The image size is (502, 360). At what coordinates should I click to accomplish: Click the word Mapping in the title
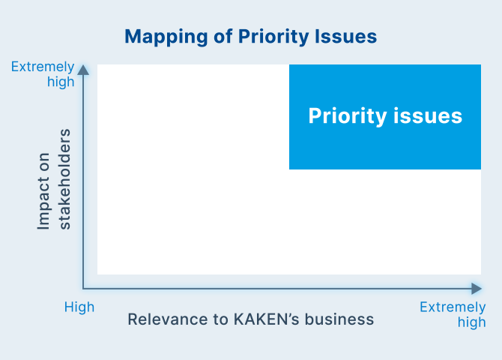[x=166, y=37]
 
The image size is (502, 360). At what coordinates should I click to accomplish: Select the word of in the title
[x=223, y=36]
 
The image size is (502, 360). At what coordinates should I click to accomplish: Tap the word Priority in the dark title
[x=273, y=37]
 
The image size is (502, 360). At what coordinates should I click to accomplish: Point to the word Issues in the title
[x=345, y=36]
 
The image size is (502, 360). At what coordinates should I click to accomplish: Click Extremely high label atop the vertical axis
[x=43, y=74]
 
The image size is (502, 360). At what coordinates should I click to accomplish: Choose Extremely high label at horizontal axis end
[x=453, y=314]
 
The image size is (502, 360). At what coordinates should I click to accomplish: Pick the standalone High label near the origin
[x=79, y=307]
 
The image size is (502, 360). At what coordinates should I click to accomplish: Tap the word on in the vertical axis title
[x=44, y=162]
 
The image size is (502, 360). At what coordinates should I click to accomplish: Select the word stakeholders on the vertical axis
[x=64, y=179]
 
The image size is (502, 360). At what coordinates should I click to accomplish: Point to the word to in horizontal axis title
[x=220, y=319]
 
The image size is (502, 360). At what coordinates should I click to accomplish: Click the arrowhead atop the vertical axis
[x=83, y=70]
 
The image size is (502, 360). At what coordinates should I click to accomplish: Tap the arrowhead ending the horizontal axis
[x=477, y=289]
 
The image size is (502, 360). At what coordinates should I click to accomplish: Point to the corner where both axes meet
[x=83, y=289]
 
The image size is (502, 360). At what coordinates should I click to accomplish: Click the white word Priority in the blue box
[x=348, y=116]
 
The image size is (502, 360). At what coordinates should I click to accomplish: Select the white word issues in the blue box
[x=428, y=115]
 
